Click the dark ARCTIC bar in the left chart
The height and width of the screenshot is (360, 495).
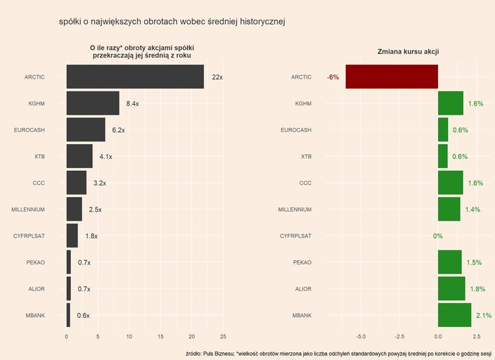tap(135, 77)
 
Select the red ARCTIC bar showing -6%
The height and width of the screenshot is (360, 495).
tap(392, 77)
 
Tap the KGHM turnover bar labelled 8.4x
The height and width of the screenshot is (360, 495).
tap(93, 103)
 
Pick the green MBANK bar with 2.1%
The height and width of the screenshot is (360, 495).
tap(454, 315)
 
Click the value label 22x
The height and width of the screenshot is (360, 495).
tap(217, 77)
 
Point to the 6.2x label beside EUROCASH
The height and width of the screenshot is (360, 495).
tap(118, 130)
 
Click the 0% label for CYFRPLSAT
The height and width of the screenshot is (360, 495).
tap(438, 236)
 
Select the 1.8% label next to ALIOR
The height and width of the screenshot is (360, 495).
tap(477, 289)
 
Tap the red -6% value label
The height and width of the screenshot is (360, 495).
tap(333, 77)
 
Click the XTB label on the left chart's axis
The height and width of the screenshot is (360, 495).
tap(39, 156)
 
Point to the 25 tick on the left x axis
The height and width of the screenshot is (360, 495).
tap(223, 336)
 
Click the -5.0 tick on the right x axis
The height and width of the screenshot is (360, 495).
tap(361, 336)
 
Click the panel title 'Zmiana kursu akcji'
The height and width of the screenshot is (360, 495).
tap(408, 52)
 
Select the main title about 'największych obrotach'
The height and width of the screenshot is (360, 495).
tap(172, 22)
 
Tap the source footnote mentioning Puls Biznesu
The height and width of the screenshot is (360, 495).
tap(338, 353)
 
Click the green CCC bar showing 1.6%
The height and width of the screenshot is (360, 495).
tap(451, 183)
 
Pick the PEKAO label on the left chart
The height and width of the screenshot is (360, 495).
tap(35, 262)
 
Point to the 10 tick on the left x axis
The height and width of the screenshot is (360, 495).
tap(129, 336)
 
